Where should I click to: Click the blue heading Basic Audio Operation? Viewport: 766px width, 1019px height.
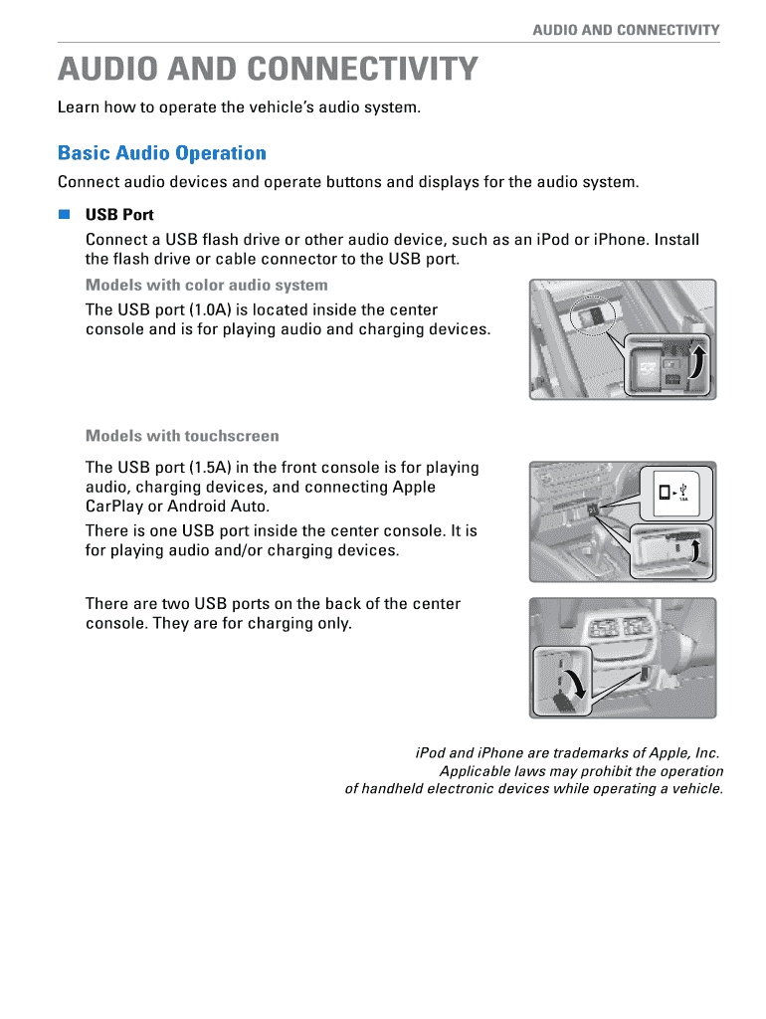click(x=162, y=153)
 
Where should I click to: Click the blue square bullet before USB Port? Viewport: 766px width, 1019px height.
click(x=65, y=214)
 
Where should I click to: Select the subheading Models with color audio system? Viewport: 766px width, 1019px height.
click(x=206, y=286)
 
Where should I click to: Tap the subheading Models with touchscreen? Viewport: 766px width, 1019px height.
click(x=182, y=436)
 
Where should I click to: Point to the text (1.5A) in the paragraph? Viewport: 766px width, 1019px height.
click(x=212, y=468)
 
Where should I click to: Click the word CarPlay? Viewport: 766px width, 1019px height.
click(x=115, y=507)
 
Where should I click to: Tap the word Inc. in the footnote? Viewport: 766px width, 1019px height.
click(x=706, y=753)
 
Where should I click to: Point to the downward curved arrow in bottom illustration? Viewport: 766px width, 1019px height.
click(x=574, y=684)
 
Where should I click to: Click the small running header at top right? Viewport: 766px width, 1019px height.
click(x=626, y=30)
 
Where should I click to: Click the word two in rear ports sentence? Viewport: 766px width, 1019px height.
click(x=175, y=604)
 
